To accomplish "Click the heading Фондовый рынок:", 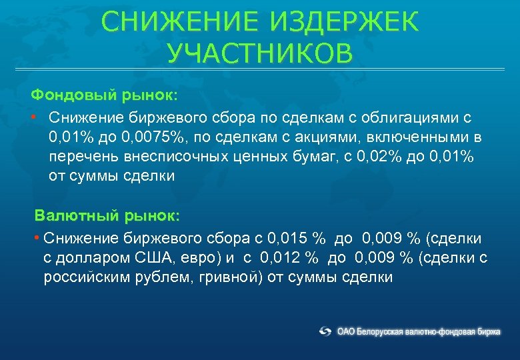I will click(x=104, y=95).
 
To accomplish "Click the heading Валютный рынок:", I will click(x=107, y=216).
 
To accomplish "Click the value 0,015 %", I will click(x=295, y=238).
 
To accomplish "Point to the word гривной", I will click(x=227, y=277).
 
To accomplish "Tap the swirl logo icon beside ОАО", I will click(x=325, y=331).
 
